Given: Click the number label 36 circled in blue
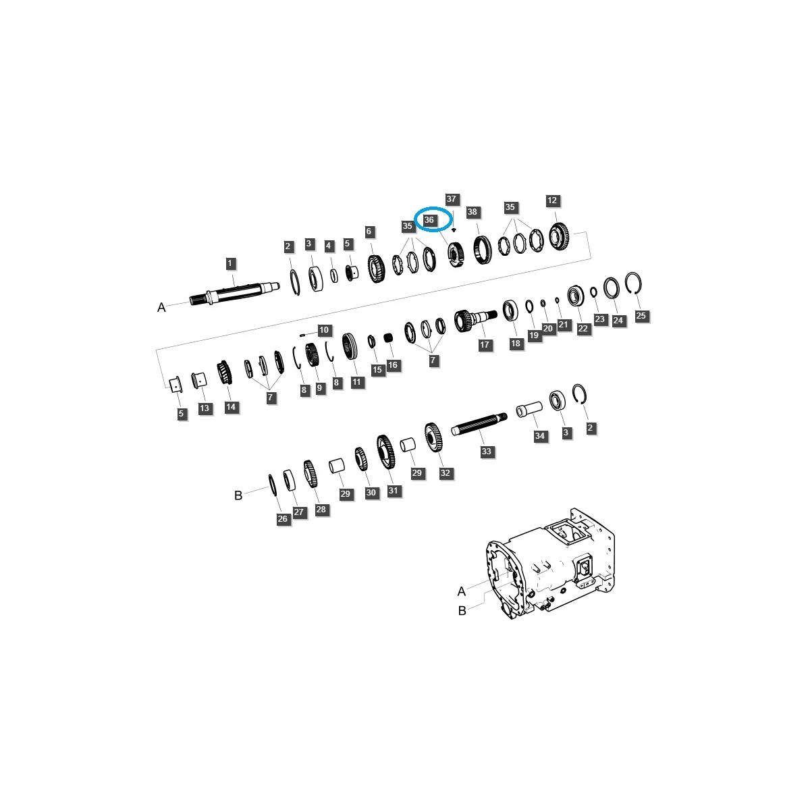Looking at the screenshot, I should (x=429, y=220).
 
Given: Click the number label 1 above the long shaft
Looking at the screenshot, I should (x=230, y=263).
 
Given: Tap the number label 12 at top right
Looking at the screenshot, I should (x=552, y=200).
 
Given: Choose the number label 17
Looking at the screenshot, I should (x=484, y=345).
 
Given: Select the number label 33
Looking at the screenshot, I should (x=487, y=452).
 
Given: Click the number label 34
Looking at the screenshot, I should (x=539, y=436).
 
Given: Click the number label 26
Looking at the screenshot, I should (x=282, y=519).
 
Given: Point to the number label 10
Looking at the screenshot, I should (x=324, y=330).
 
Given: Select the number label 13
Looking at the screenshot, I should (x=205, y=408).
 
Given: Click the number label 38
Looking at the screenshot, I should (x=472, y=212).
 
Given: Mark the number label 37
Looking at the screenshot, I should (x=452, y=199).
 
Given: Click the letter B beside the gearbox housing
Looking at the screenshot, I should (x=462, y=611).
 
